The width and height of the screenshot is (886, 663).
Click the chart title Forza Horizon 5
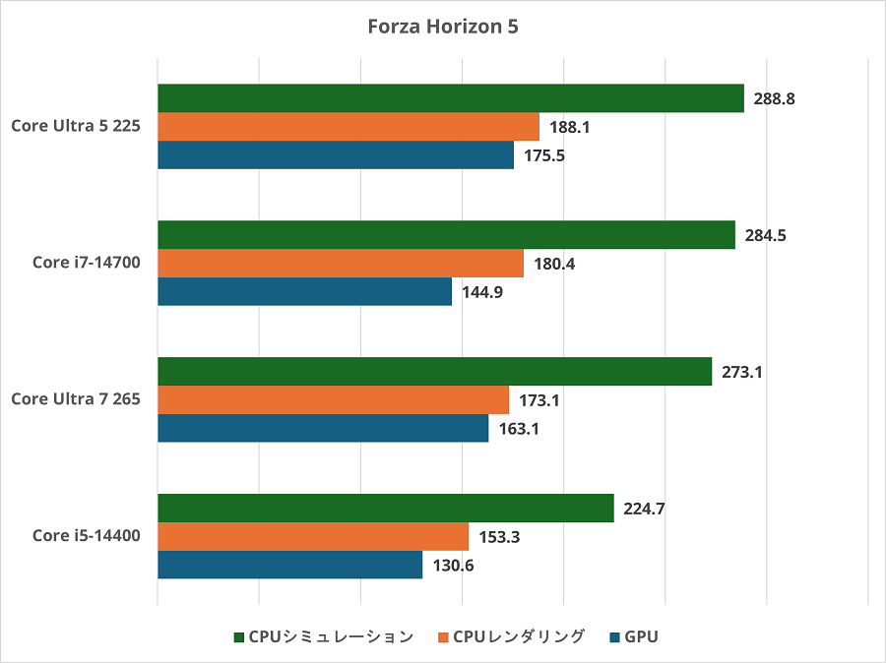coord(443,27)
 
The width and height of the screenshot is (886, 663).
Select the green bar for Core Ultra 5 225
coord(450,98)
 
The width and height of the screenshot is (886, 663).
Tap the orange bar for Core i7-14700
coord(340,264)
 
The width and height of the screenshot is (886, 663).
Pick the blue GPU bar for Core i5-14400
coord(289,565)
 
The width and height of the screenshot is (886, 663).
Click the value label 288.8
coord(773,98)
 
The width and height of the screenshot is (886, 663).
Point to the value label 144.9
coord(481,292)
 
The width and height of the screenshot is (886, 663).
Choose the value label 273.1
coord(741,372)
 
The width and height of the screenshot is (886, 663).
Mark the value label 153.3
coord(498,536)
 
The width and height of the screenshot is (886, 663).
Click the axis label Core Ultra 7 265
coord(76,399)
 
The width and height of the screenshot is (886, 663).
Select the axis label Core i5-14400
coord(87,536)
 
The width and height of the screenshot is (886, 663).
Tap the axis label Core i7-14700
coord(87,263)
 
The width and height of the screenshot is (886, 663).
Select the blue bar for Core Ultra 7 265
coord(322,428)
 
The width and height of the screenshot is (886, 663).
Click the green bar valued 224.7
coord(385,509)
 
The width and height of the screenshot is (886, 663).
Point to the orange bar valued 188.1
coord(348,127)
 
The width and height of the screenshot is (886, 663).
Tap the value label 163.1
coord(518,429)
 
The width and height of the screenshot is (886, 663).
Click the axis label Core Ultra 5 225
coord(76,126)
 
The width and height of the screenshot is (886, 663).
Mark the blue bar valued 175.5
coord(335,155)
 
